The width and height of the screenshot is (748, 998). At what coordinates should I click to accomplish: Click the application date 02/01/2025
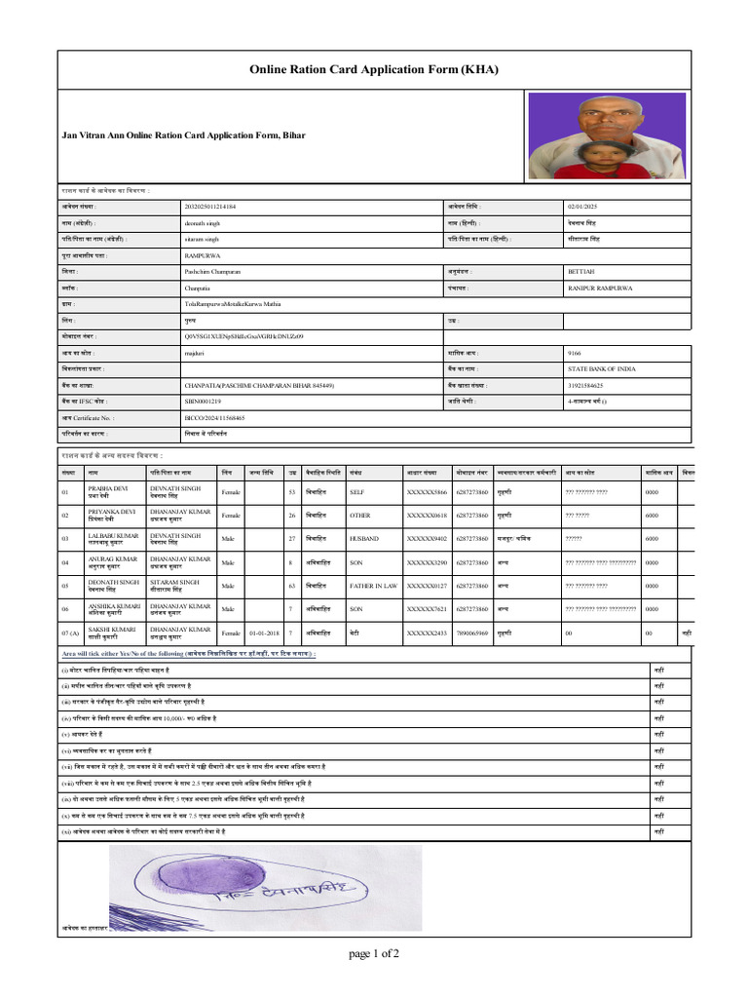tap(586, 207)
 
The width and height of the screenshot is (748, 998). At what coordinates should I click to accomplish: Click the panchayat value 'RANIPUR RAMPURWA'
tap(600, 288)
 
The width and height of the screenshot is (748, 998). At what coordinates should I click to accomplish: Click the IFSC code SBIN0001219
tap(203, 402)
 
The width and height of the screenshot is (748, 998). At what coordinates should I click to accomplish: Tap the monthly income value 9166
tap(574, 353)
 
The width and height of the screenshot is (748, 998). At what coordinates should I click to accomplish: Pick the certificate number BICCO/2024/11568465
tap(214, 417)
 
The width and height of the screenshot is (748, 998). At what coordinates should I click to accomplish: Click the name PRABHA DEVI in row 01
tap(107, 488)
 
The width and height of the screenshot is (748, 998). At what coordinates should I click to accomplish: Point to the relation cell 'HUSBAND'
tap(366, 538)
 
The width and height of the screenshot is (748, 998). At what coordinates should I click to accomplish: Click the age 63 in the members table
tap(292, 586)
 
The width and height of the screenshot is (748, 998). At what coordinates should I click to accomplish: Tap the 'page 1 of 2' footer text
tap(374, 953)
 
